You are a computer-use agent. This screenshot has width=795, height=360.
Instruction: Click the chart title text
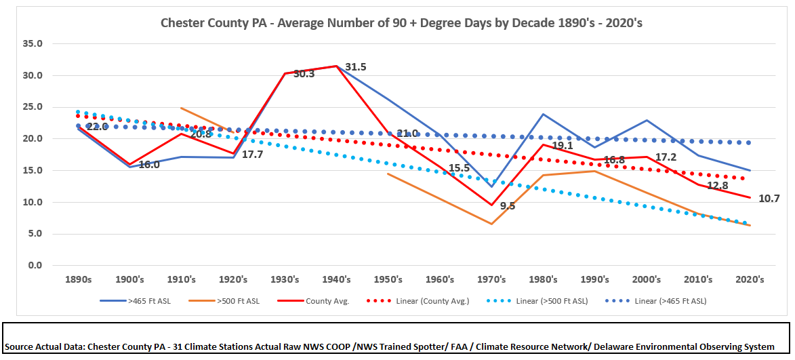401,22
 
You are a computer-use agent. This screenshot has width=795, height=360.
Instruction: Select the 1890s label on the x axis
78,279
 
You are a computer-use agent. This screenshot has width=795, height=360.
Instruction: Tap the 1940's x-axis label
337,279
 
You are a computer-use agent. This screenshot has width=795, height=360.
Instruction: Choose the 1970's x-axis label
491,279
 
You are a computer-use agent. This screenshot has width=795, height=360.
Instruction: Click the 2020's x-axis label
750,279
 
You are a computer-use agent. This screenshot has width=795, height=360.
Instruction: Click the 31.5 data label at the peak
356,67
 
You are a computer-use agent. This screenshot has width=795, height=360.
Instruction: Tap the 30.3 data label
304,74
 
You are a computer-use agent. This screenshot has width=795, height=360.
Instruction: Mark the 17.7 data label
252,155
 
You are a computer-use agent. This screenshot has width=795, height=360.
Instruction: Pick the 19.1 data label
562,145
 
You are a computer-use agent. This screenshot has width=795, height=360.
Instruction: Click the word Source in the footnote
23,346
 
